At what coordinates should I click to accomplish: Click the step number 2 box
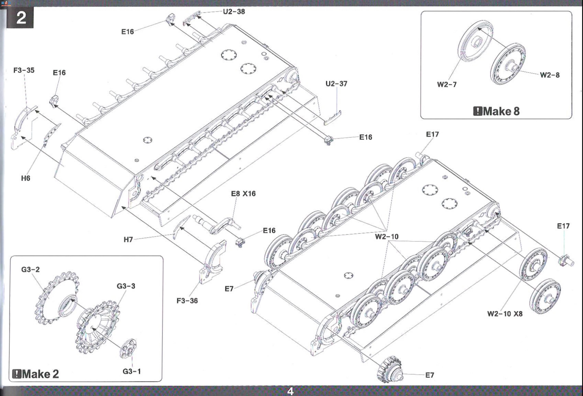(20, 17)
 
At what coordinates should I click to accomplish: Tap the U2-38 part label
(234, 12)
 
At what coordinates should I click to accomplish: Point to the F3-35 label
(24, 70)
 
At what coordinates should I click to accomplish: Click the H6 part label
(26, 178)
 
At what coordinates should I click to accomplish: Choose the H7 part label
(128, 240)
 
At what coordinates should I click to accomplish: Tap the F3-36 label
(187, 301)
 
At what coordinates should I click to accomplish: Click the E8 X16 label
(243, 194)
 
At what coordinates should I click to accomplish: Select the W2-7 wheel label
(447, 84)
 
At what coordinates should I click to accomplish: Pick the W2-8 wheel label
(550, 75)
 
